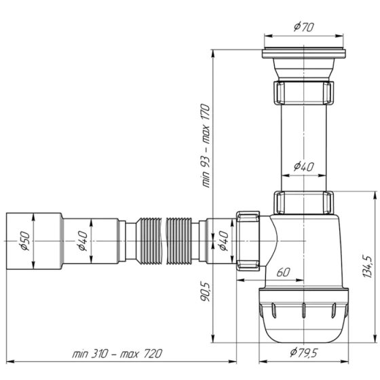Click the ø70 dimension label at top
(303, 27)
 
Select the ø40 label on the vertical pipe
(303, 166)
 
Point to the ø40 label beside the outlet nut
(223, 240)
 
